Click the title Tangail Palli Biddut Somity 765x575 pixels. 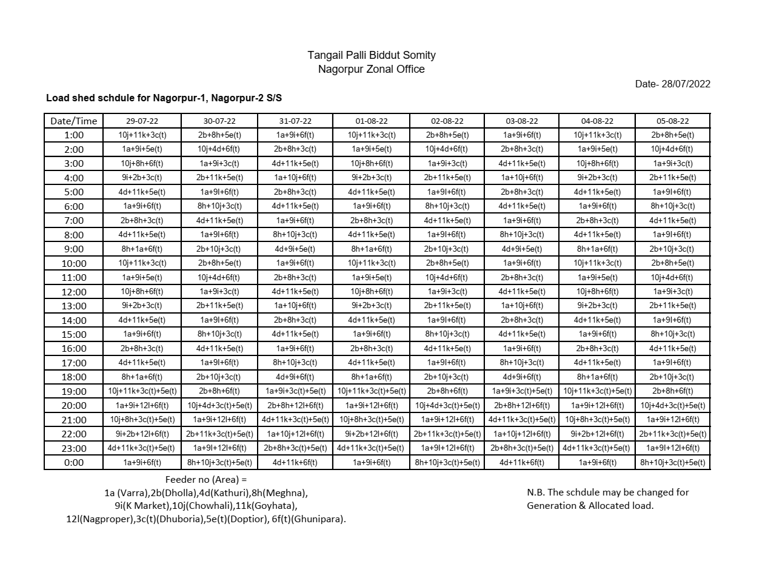371,55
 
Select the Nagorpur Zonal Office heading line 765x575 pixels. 371,69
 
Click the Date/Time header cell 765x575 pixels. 73,121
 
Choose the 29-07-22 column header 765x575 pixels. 142,121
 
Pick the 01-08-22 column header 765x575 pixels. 371,121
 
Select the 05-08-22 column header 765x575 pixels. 672,121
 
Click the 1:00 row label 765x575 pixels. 73,135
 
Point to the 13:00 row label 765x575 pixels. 73,306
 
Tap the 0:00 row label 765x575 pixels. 73,463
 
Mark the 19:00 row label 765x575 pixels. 73,391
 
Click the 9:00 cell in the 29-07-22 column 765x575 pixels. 142,249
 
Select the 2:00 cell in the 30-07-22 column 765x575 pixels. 219,149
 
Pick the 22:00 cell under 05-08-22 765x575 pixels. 672,434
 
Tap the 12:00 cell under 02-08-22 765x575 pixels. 447,292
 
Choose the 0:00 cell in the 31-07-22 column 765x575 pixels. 295,463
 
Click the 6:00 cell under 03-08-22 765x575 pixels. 522,206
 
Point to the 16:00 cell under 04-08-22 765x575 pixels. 597,349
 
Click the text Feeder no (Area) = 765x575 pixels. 206,479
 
